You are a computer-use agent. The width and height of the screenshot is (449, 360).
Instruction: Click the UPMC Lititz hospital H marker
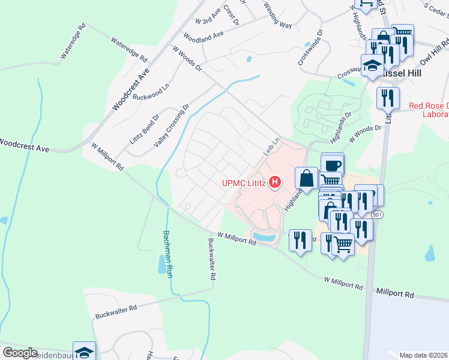point(276,181)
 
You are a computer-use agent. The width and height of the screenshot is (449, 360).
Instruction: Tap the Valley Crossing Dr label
point(172,125)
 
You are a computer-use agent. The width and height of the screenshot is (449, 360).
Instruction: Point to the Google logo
point(19,353)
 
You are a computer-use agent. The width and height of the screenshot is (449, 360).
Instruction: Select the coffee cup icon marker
point(333,164)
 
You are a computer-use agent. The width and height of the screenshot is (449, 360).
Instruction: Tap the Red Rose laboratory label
point(429,110)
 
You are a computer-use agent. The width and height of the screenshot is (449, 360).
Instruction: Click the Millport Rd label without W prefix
point(396,295)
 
